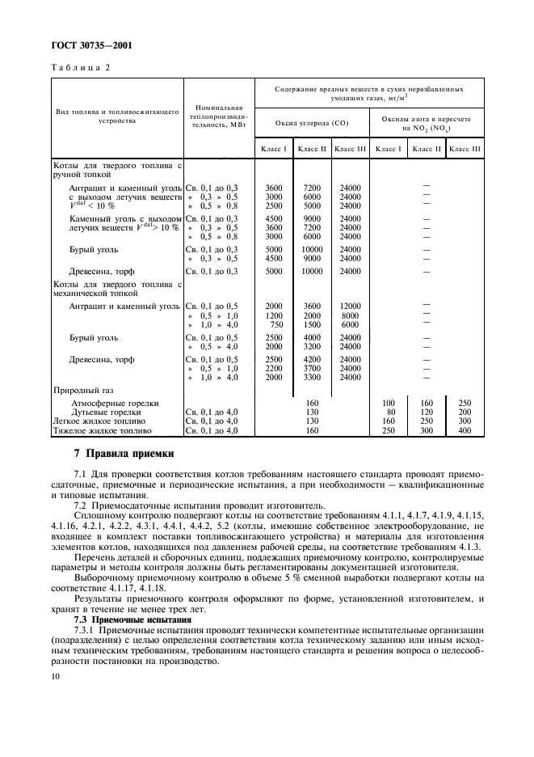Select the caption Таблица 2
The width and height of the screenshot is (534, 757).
point(82,68)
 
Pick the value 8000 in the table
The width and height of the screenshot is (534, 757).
point(350,315)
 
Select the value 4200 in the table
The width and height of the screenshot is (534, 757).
point(312,359)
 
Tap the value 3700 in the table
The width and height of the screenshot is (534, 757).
point(312,368)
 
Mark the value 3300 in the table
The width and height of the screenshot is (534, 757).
point(312,377)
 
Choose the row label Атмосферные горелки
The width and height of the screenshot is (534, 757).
point(115,403)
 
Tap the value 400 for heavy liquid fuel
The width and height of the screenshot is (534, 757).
point(464,429)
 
